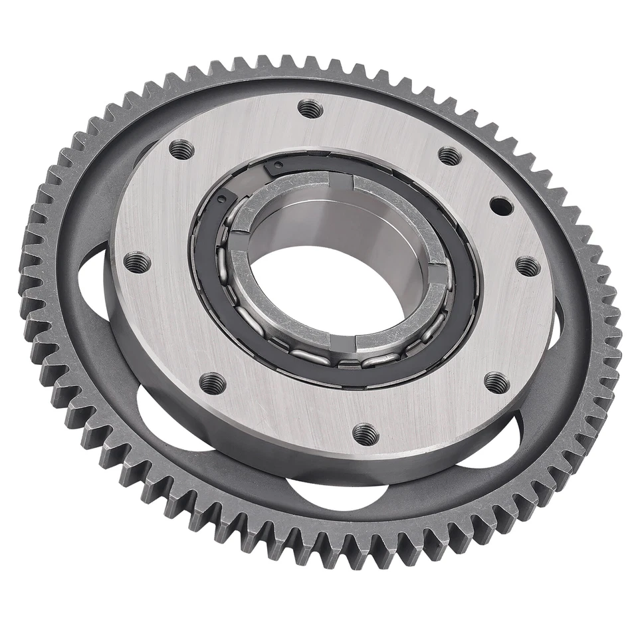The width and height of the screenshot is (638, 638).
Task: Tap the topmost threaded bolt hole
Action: click(x=310, y=108)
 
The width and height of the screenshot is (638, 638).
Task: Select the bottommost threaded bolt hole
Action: click(x=365, y=434)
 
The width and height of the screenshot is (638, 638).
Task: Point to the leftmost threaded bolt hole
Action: click(x=137, y=262)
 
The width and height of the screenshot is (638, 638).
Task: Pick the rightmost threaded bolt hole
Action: click(x=528, y=266)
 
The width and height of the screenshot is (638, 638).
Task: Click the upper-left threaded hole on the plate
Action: click(x=181, y=150)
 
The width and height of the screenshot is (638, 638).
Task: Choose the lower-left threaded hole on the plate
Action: click(x=213, y=383)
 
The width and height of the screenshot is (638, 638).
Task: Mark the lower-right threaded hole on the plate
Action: click(x=496, y=382)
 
